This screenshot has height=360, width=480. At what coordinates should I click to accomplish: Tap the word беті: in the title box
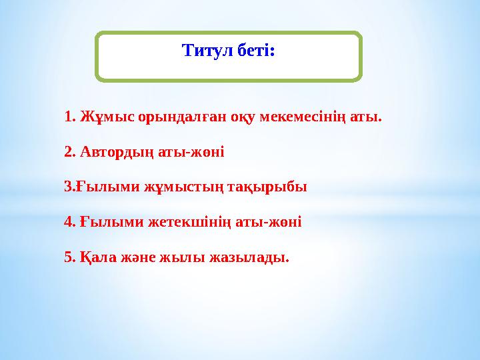point(255,50)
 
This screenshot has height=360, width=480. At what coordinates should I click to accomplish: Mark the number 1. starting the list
point(70,117)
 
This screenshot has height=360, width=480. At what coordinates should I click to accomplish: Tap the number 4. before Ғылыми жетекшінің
point(69,221)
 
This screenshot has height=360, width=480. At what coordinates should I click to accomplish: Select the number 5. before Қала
point(69,257)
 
